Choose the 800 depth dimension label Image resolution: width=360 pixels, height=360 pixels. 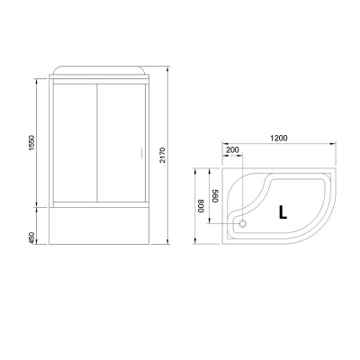pyautogui.click(x=202, y=204)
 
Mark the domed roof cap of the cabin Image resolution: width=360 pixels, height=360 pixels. pyautogui.click(x=98, y=70)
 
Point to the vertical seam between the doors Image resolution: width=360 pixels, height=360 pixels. pyautogui.click(x=98, y=144)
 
